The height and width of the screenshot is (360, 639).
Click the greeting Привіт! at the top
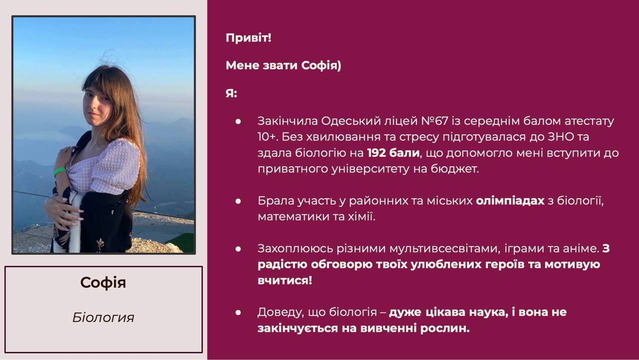[x=248, y=38]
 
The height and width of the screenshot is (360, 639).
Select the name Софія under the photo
[x=103, y=283]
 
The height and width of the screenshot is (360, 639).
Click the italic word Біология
[x=103, y=318]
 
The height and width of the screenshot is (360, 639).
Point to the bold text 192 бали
[x=393, y=153]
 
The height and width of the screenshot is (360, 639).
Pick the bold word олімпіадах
[x=510, y=201]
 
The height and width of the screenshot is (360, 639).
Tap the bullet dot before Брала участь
[x=238, y=201]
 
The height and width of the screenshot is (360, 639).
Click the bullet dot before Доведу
[x=238, y=313]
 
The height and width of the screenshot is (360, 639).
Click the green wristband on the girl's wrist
[x=59, y=172]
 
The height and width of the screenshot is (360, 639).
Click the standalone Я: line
[x=231, y=93]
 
